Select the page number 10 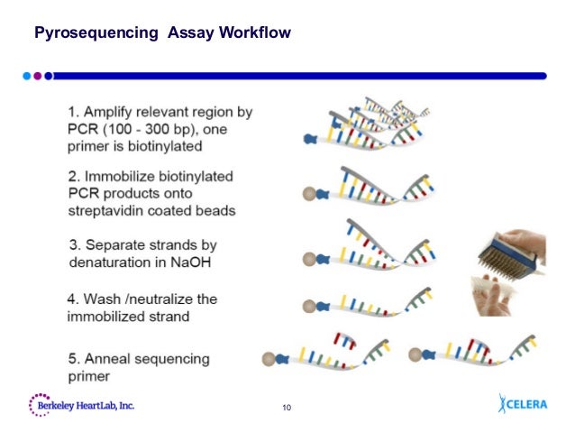point(287,411)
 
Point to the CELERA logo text point(527,404)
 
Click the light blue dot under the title point(28,76)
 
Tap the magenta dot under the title point(38,76)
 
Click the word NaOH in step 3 point(196,262)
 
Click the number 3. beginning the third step point(77,244)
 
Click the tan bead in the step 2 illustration point(308,192)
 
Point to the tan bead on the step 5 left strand point(268,359)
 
